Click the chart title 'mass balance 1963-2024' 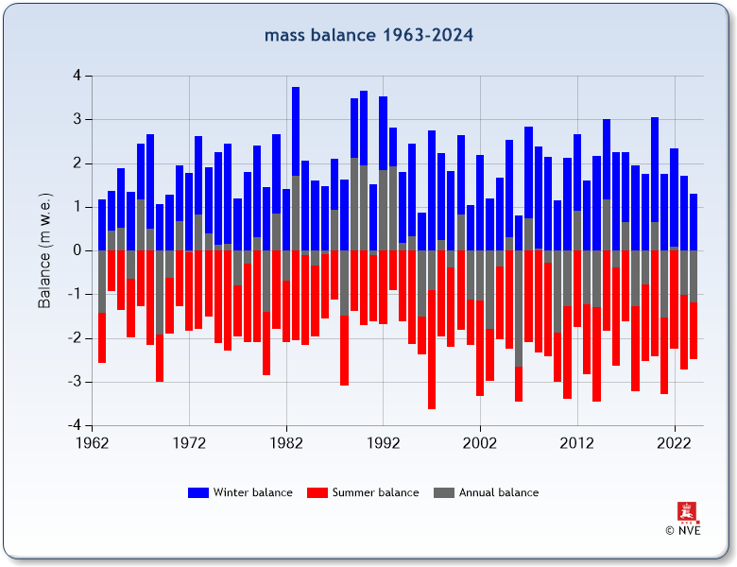tap(368, 36)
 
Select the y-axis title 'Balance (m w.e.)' tap(44, 251)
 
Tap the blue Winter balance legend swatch tap(198, 492)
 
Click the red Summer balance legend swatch tap(317, 492)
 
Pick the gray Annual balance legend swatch tap(444, 492)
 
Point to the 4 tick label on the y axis tap(76, 76)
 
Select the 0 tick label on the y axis tap(76, 251)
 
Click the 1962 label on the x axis tap(92, 442)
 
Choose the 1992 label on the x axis tap(383, 442)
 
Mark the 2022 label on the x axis tap(674, 442)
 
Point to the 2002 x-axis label tap(480, 442)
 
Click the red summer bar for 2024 tap(694, 331)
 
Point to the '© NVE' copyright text tap(682, 530)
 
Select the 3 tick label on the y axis tap(76, 120)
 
